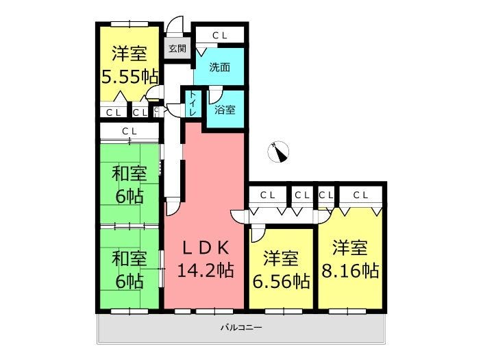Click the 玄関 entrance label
point(177,49)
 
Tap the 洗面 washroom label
point(219,67)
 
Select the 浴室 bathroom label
point(225,110)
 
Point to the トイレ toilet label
point(193,104)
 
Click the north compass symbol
point(278,152)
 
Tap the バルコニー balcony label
point(241,327)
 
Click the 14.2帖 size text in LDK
point(206,270)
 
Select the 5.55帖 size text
point(129,77)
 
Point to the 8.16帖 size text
point(350,271)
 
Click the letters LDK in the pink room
point(206,248)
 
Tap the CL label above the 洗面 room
point(220,36)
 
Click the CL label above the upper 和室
point(129,132)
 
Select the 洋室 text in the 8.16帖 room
point(350,248)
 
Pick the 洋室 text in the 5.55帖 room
point(129,53)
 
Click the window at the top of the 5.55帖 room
point(129,24)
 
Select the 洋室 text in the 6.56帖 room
point(281,259)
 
